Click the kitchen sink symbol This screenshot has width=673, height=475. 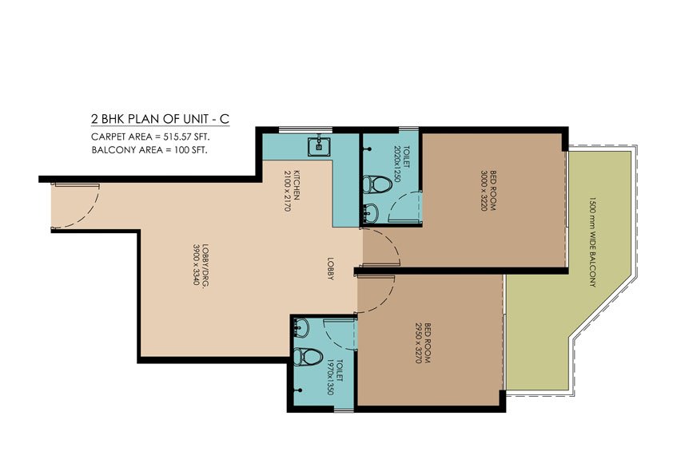click(x=319, y=144)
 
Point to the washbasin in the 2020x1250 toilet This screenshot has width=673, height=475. click(x=370, y=212)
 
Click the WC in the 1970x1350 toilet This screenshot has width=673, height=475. click(x=307, y=356)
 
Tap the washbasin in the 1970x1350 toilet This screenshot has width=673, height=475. click(x=301, y=328)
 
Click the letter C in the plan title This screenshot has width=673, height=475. click(x=225, y=119)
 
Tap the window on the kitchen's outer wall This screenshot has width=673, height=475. click(x=288, y=128)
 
